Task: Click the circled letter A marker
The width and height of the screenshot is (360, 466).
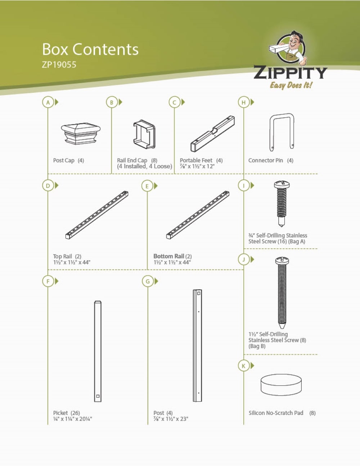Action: click(48, 102)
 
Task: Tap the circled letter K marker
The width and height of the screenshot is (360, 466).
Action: click(243, 366)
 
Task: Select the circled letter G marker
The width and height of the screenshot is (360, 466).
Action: click(148, 281)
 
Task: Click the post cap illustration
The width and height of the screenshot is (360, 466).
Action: click(81, 134)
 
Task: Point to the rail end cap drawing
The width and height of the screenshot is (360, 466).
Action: click(144, 134)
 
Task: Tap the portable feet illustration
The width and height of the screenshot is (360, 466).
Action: click(213, 134)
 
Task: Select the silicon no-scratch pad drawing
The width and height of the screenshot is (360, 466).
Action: click(281, 385)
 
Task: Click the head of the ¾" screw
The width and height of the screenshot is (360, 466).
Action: click(282, 185)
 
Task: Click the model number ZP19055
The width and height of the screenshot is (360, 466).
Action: click(59, 65)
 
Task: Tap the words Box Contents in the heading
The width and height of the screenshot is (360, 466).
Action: click(90, 49)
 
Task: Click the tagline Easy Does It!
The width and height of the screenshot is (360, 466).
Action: click(291, 85)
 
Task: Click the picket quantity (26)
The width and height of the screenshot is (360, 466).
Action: click(75, 413)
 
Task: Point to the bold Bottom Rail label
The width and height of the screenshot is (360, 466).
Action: click(168, 256)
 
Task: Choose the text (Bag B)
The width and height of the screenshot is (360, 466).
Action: click(257, 346)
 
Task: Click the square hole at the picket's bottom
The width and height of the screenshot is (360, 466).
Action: click(98, 396)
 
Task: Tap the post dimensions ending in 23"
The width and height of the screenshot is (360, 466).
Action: click(171, 419)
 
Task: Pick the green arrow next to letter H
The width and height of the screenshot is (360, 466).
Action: click(252, 102)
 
